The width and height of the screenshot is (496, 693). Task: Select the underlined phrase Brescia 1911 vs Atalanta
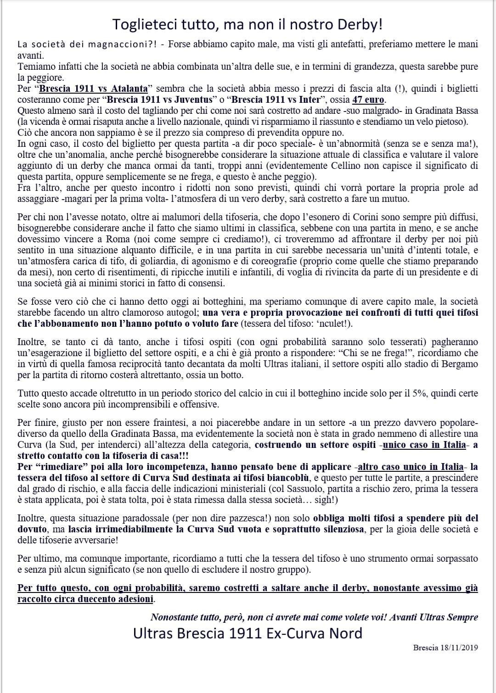[94, 89]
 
